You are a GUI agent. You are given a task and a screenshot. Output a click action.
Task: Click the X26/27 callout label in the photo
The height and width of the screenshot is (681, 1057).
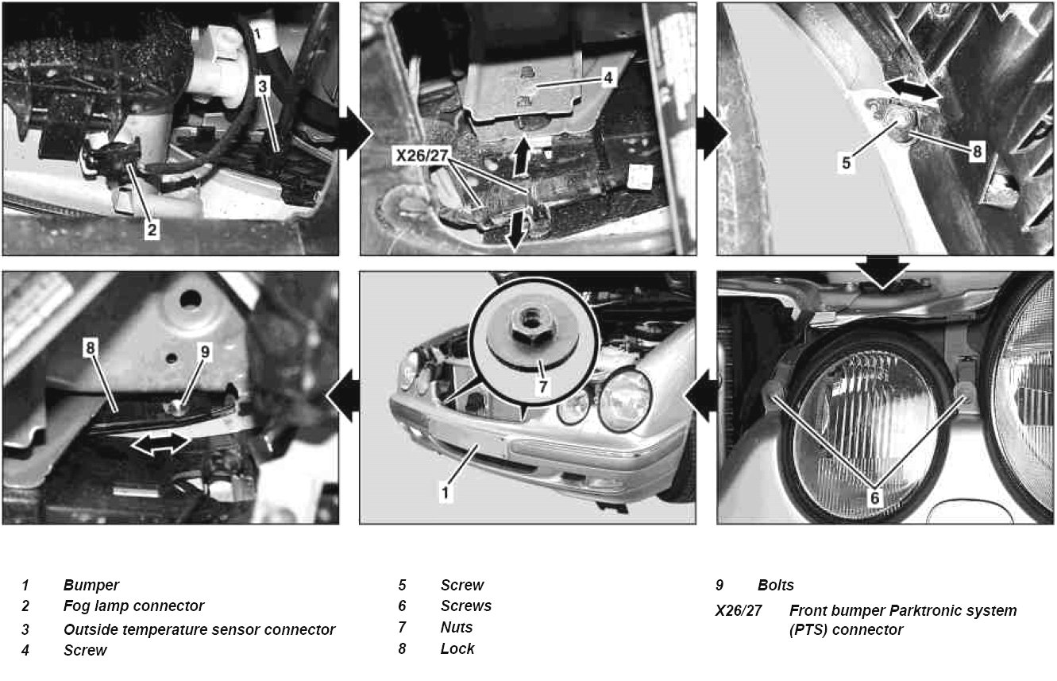pyautogui.click(x=422, y=156)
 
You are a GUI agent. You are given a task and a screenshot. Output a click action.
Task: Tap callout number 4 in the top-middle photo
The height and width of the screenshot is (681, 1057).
pyautogui.click(x=608, y=77)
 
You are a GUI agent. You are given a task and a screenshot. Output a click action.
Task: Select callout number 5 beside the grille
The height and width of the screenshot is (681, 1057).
pyautogui.click(x=846, y=163)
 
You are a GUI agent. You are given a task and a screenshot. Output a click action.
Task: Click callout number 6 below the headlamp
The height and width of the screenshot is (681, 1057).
pyautogui.click(x=874, y=497)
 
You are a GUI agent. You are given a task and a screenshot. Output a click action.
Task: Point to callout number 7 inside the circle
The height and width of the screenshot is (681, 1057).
pyautogui.click(x=542, y=387)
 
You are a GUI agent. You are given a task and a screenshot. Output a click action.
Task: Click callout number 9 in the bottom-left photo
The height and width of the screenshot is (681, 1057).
pyautogui.click(x=205, y=352)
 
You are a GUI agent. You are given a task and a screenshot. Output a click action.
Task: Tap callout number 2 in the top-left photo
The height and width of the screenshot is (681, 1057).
pyautogui.click(x=152, y=230)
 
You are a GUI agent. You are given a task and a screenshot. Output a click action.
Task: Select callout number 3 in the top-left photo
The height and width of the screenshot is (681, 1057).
pyautogui.click(x=262, y=87)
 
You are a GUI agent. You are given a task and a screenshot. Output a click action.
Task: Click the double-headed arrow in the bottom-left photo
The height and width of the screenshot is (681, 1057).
pyautogui.click(x=161, y=444)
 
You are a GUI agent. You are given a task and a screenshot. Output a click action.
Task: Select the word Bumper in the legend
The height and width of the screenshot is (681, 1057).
pyautogui.click(x=91, y=585)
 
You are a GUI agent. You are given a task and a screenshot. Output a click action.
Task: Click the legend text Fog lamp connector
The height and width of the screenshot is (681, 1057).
pyautogui.click(x=133, y=606)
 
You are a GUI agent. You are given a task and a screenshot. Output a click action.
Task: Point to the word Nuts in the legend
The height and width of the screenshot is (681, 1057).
pyautogui.click(x=457, y=627)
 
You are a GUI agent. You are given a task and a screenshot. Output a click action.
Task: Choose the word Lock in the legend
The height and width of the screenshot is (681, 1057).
pyautogui.click(x=457, y=648)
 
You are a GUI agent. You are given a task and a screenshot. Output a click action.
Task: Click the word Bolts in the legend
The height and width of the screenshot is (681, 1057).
pyautogui.click(x=776, y=585)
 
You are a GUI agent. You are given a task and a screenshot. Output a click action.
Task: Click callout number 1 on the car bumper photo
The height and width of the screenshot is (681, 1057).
pyautogui.click(x=445, y=493)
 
